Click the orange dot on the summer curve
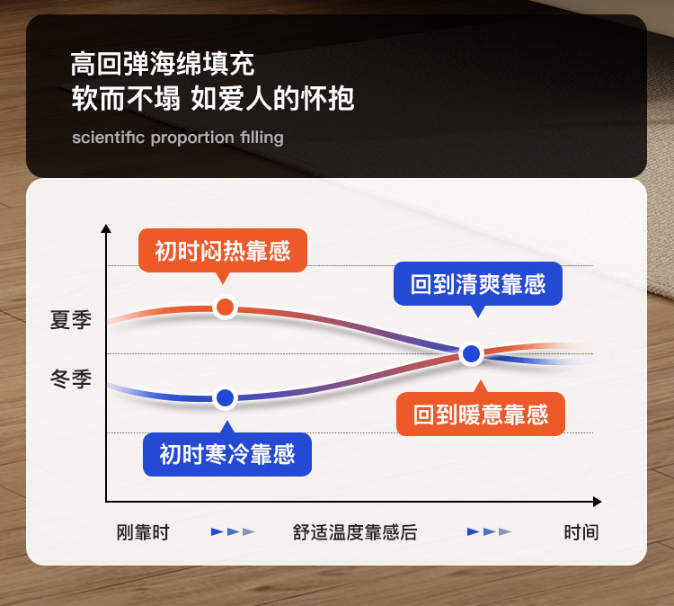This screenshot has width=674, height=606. pos(225,307)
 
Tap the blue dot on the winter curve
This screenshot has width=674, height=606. pos(226,397)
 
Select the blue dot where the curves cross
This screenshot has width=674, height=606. pos(472,354)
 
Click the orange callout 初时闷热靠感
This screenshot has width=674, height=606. pos(223,251)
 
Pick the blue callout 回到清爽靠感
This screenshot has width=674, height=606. pos(478,284)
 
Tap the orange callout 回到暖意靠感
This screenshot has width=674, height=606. pos(481,414)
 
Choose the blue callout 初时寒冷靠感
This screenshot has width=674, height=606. pos(227,454)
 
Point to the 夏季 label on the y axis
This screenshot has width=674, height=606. pos(71,320)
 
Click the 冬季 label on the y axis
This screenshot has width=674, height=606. pos(71,379)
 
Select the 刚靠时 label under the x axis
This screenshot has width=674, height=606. pos(143,532)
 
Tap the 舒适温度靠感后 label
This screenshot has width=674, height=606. pos(355,532)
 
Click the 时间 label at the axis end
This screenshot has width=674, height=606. pos(581,532)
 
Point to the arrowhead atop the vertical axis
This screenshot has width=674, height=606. pos(106,228)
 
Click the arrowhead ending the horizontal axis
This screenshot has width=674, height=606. pos(597,502)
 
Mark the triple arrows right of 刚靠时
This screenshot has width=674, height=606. pos(233,532)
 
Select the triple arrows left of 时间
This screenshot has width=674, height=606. pos(489,532)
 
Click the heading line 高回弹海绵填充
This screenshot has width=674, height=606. pos(163,64)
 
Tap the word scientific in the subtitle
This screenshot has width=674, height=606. pos(109,138)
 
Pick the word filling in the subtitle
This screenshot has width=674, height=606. pos(262,138)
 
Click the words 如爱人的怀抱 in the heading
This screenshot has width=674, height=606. pos(272,99)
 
